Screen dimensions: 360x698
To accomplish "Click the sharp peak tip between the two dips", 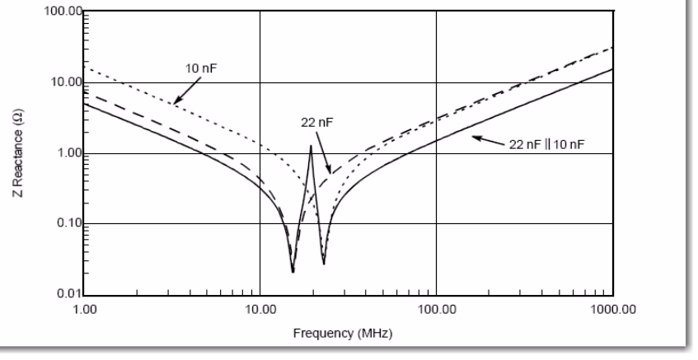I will [x=311, y=146].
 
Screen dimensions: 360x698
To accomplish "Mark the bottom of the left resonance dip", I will [x=293, y=271].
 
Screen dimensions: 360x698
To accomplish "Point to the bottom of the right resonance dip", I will [x=324, y=264].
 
